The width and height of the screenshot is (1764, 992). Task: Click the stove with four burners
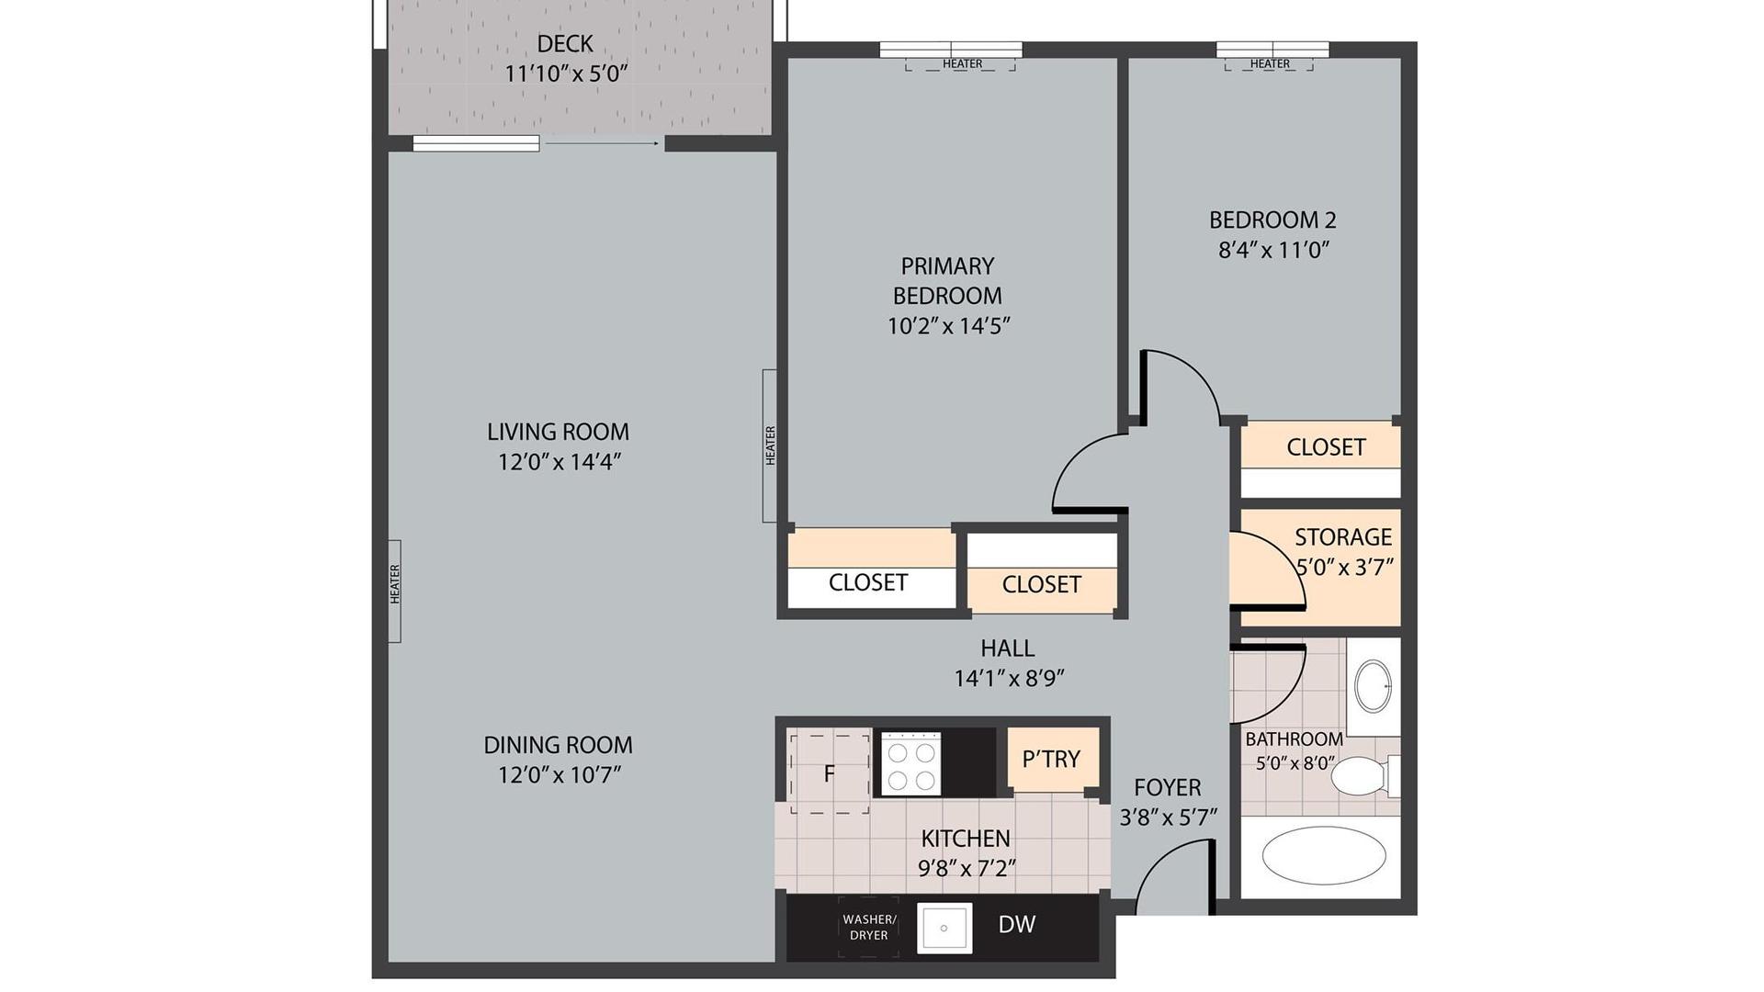point(910,763)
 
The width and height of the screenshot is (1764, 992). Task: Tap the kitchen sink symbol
point(944,928)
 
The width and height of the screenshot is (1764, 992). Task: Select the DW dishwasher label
point(1017,925)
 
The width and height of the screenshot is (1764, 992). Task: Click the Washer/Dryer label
point(868,927)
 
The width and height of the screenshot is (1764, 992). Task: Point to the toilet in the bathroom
point(1365,776)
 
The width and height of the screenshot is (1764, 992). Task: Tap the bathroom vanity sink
point(1374,685)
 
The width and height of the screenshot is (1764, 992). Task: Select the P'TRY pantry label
point(1051,759)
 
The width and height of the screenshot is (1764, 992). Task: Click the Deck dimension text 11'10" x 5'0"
point(566,73)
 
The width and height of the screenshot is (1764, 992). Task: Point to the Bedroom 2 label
point(1272,220)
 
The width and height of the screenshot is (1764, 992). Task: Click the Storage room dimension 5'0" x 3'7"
point(1345,567)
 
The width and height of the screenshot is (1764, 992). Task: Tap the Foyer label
point(1167,787)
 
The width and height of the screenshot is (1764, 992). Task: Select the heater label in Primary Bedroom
point(962,63)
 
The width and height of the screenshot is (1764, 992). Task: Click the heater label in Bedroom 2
point(1270,63)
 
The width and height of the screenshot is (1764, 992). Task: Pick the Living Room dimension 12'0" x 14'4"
point(560,461)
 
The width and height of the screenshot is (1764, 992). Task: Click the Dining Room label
point(558,744)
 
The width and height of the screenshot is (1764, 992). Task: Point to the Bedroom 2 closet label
point(1326,447)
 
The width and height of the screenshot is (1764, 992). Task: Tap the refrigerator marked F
point(829,772)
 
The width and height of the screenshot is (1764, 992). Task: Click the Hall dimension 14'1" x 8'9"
point(1009,679)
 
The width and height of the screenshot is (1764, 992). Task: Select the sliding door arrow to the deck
point(602,143)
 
